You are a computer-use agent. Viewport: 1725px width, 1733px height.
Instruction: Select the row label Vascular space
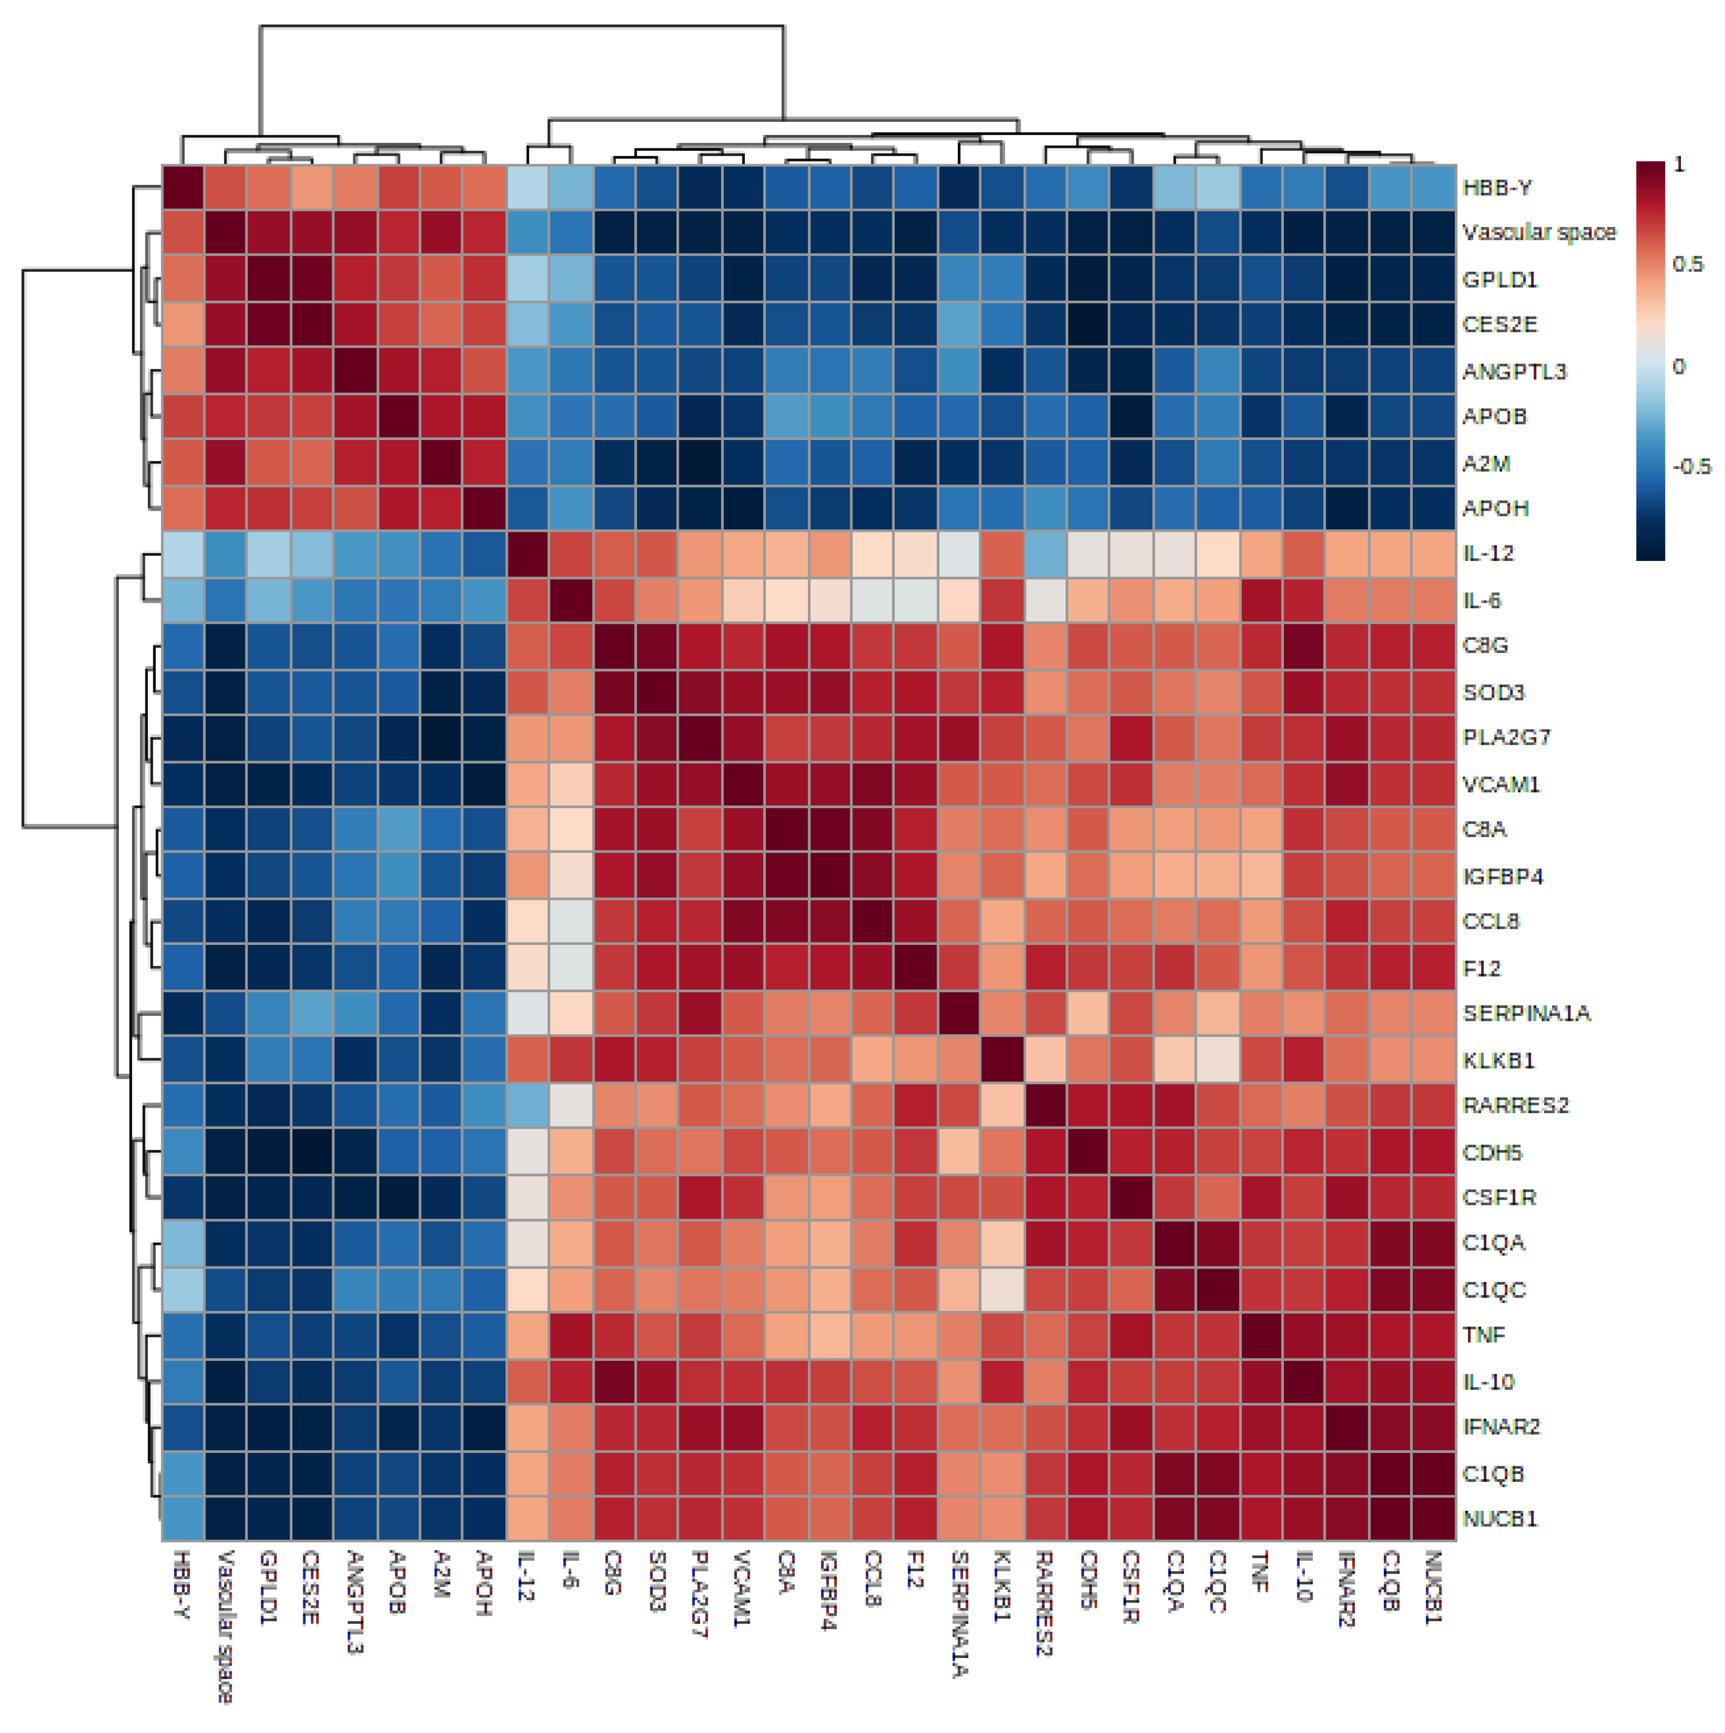[1539, 232]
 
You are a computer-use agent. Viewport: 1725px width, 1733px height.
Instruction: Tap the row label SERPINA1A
[1526, 1014]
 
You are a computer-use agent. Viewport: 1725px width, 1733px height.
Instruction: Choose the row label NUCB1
[1500, 1519]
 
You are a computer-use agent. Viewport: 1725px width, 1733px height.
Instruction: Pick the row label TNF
[1484, 1335]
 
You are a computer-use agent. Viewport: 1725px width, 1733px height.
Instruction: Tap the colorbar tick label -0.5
[1691, 466]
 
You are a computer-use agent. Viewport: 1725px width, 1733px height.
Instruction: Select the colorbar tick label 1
[1679, 164]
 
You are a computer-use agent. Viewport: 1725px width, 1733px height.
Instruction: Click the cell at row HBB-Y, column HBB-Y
[183, 187]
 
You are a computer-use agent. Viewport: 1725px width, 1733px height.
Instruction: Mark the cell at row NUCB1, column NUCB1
[1433, 1519]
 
